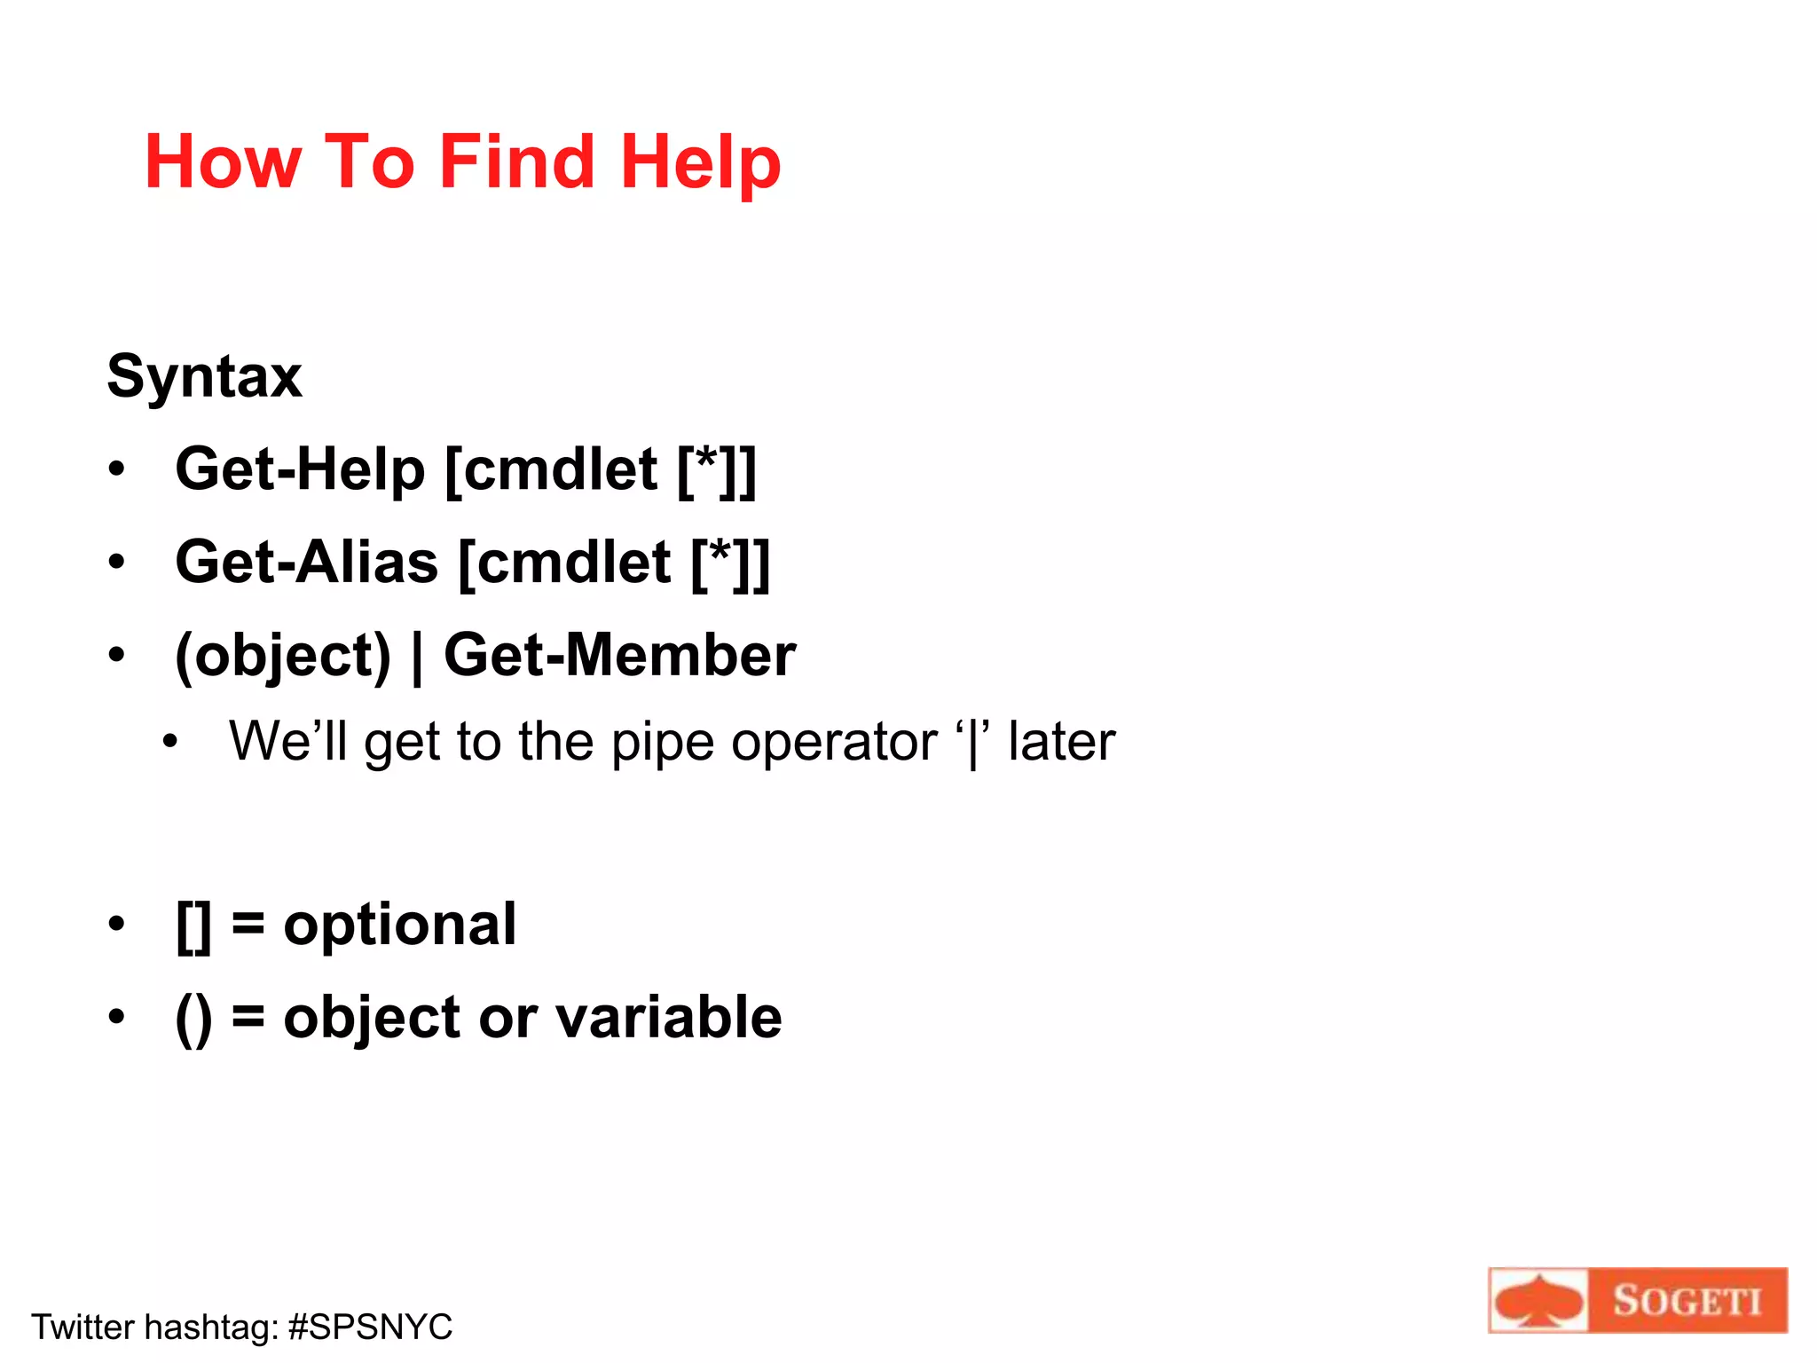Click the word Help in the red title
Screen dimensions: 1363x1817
pyautogui.click(x=701, y=162)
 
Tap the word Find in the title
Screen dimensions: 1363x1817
pyautogui.click(x=516, y=162)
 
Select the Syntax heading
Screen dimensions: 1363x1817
pyautogui.click(x=204, y=376)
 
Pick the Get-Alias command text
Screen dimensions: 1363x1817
pyautogui.click(x=307, y=562)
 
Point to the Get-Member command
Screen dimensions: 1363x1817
pyautogui.click(x=619, y=655)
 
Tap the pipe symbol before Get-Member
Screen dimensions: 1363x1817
pyautogui.click(x=417, y=658)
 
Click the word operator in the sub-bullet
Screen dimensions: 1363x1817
pyautogui.click(x=834, y=742)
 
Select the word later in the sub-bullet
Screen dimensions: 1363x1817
pyautogui.click(x=1061, y=742)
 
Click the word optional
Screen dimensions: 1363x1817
pyautogui.click(x=399, y=925)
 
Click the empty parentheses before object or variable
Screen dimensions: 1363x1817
pyautogui.click(x=194, y=1019)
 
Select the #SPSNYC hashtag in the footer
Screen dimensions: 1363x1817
pyautogui.click(x=370, y=1327)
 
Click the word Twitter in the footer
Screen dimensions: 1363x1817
pyautogui.click(x=83, y=1327)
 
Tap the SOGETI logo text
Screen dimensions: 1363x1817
pyautogui.click(x=1687, y=1301)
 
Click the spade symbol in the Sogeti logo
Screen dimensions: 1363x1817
pyautogui.click(x=1538, y=1302)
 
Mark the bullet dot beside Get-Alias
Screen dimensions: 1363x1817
pyautogui.click(x=117, y=562)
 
